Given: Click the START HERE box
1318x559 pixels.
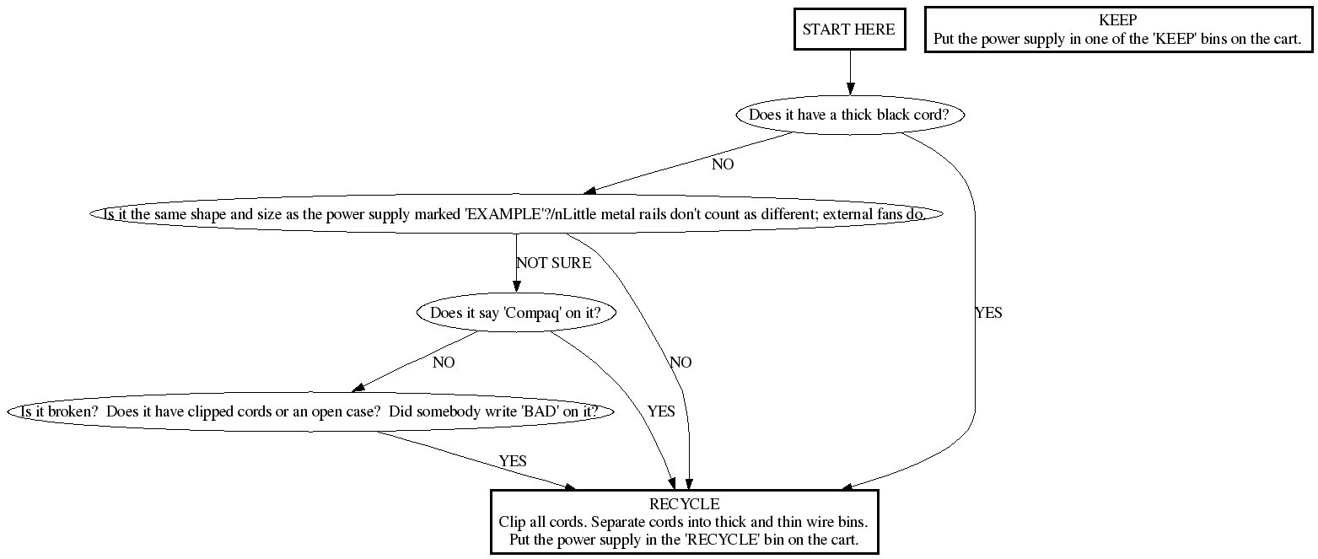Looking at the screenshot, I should click(848, 30).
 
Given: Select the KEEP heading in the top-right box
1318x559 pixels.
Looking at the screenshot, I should click(1118, 20).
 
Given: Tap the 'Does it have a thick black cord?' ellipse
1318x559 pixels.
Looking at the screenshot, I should click(850, 116).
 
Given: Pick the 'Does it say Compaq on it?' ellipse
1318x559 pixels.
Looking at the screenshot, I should click(516, 314).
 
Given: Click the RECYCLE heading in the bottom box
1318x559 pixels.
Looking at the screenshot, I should click(684, 504).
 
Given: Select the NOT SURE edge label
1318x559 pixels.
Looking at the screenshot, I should click(553, 263).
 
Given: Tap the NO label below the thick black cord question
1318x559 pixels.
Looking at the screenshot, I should click(723, 164).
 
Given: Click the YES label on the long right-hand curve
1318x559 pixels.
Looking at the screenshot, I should click(988, 313).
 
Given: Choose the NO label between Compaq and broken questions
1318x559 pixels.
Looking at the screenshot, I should click(444, 363).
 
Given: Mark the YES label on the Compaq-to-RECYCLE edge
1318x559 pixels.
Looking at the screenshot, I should click(660, 411).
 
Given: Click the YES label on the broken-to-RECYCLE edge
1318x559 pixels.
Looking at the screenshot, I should click(513, 461).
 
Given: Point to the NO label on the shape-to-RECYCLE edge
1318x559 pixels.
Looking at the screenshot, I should click(681, 363).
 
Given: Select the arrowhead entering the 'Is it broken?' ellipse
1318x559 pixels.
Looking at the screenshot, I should click(358, 387).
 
